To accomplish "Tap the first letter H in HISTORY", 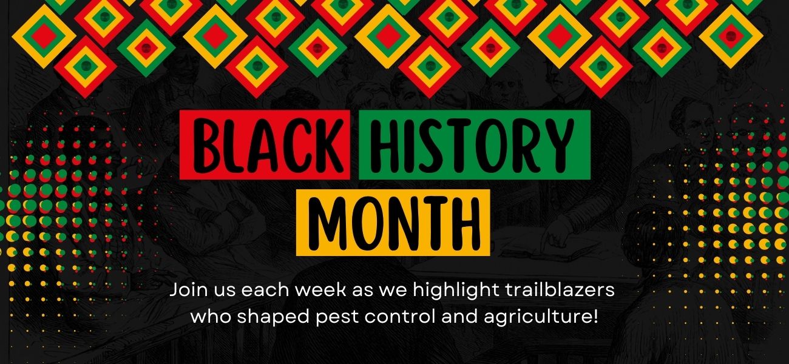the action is coord(385,145).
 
